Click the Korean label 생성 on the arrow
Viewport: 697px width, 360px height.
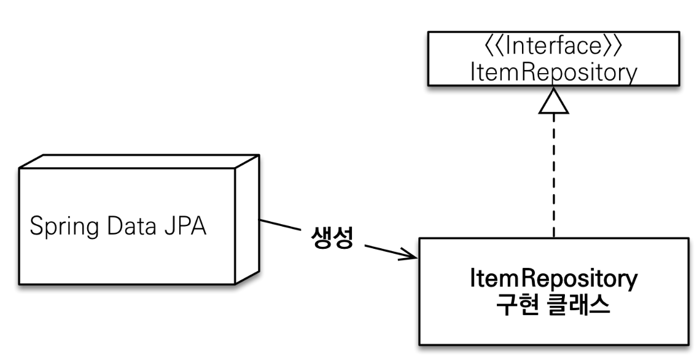pos(332,237)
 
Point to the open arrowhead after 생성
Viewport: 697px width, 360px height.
pos(410,254)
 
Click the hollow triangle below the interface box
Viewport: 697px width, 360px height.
pos(554,103)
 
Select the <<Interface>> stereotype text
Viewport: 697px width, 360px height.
pos(553,47)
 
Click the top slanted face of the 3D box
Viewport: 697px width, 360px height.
pos(135,160)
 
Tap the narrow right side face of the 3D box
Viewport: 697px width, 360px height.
pos(246,221)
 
